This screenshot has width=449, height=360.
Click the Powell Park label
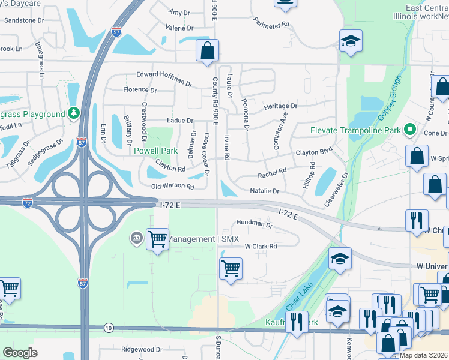[x=155, y=151]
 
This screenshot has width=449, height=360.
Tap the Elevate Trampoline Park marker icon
[x=410, y=130]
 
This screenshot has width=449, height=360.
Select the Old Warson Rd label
[x=173, y=187]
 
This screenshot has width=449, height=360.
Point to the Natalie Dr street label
[x=265, y=191]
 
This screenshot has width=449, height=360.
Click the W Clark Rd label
[x=261, y=246]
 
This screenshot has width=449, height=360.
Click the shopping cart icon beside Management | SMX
[x=157, y=239]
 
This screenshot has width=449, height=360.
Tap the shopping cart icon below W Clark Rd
[x=231, y=267]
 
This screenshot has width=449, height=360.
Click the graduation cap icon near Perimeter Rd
[x=350, y=41]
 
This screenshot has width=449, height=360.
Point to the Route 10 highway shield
[x=109, y=328]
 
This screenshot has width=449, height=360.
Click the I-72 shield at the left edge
[x=28, y=203]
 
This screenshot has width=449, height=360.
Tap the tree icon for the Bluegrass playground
[x=74, y=113]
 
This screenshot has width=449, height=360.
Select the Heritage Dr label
[x=280, y=106]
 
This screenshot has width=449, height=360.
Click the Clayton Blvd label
[x=313, y=153]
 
